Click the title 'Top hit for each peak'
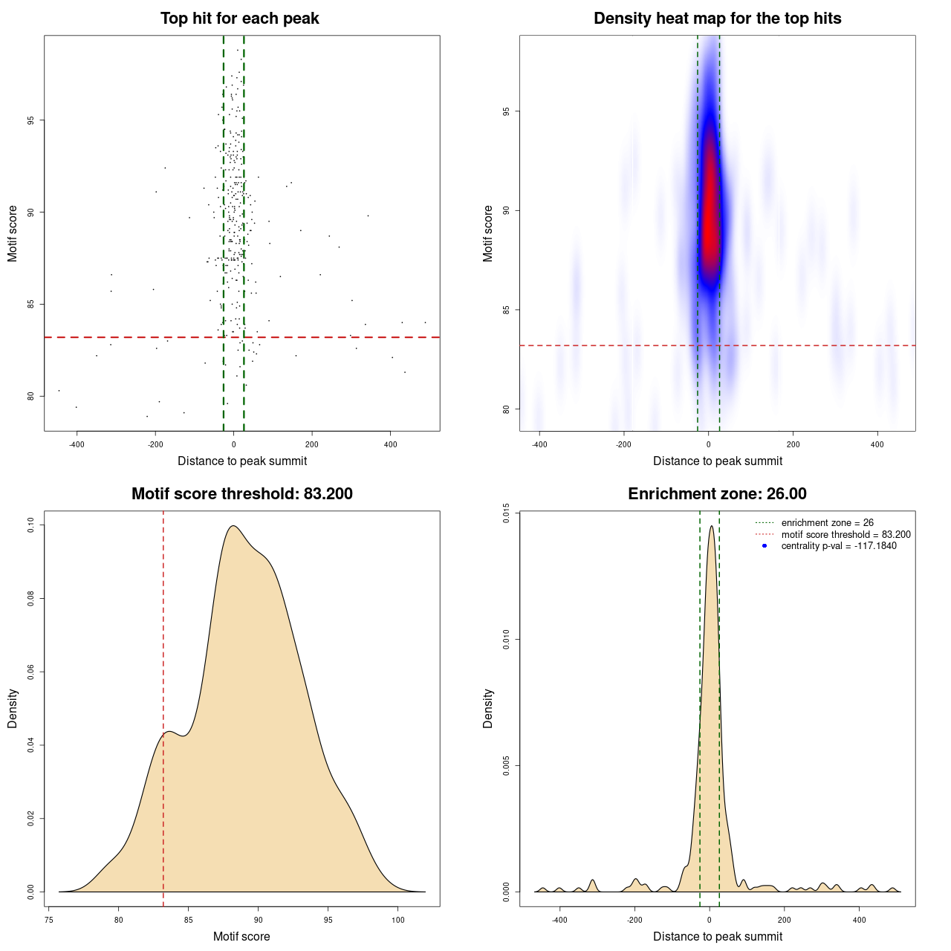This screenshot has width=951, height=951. point(239,19)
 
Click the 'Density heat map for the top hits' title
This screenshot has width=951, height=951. point(717,19)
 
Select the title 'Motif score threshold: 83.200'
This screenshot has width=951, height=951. point(241,494)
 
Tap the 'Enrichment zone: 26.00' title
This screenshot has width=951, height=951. point(717,494)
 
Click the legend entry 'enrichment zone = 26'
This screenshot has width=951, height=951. point(827,523)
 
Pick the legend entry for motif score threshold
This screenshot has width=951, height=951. point(845,534)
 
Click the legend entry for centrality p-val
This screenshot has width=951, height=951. point(838,546)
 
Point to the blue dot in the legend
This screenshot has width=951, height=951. point(765,546)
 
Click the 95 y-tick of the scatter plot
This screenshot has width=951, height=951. point(30,120)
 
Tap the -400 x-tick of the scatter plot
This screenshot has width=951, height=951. point(77,445)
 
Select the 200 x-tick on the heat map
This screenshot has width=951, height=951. point(793,445)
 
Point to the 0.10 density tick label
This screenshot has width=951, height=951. point(30,525)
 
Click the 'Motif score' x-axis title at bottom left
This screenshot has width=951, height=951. point(241,937)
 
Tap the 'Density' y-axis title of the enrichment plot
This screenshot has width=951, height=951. point(488,708)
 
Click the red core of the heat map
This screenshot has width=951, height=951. point(710,208)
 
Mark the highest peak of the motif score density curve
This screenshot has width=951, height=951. point(233,526)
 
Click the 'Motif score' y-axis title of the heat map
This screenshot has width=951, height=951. point(488,233)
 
